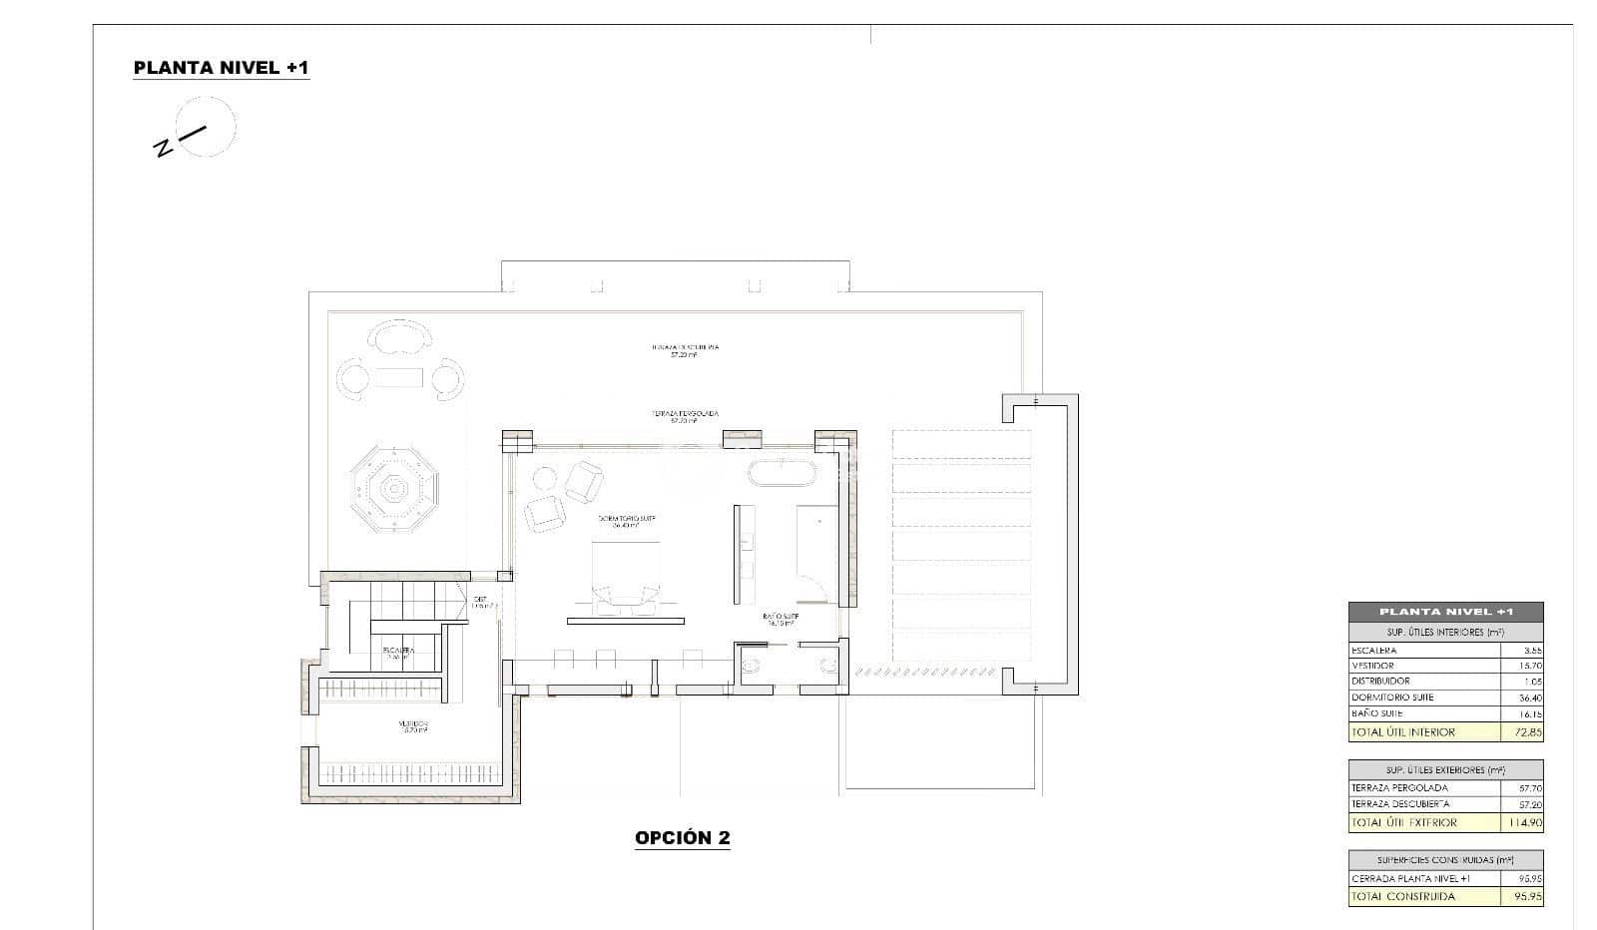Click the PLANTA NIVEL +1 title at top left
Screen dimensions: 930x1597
pyautogui.click(x=222, y=68)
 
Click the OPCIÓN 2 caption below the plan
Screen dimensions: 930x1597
pyautogui.click(x=683, y=837)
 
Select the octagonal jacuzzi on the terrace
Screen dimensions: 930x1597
pyautogui.click(x=394, y=489)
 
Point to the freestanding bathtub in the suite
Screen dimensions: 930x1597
pyautogui.click(x=784, y=473)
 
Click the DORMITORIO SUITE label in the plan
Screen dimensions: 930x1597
pyautogui.click(x=626, y=521)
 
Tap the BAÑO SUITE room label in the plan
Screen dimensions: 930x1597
pyautogui.click(x=780, y=618)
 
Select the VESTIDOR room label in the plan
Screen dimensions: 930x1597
pyautogui.click(x=412, y=725)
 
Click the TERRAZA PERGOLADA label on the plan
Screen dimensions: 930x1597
pyautogui.click(x=685, y=414)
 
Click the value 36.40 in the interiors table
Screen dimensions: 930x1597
pyautogui.click(x=1529, y=697)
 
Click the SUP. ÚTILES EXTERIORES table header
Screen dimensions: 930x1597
pyautogui.click(x=1444, y=770)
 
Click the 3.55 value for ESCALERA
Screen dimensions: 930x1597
pyautogui.click(x=1531, y=650)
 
